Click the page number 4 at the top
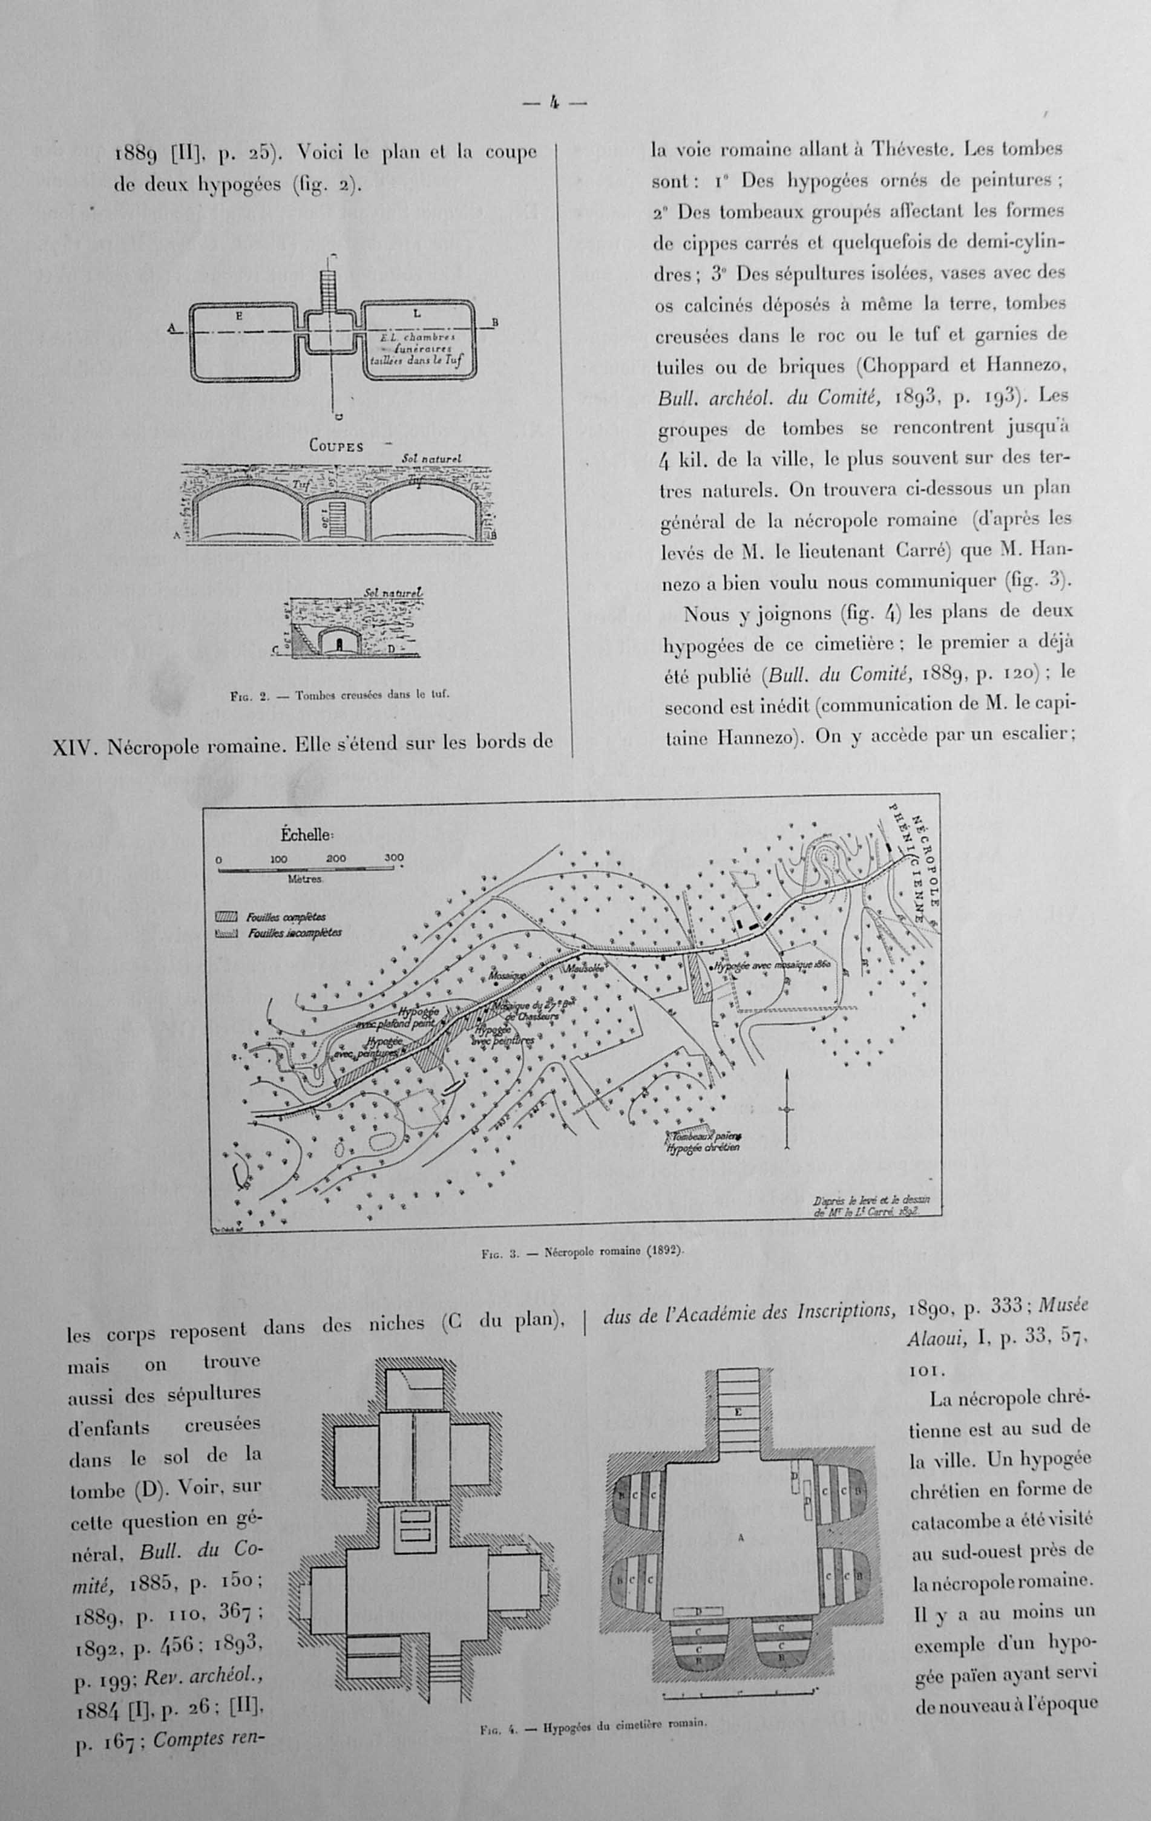click(554, 103)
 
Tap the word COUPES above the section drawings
click(336, 446)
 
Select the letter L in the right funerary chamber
click(416, 313)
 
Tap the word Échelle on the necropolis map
click(306, 835)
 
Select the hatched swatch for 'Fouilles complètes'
click(227, 917)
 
